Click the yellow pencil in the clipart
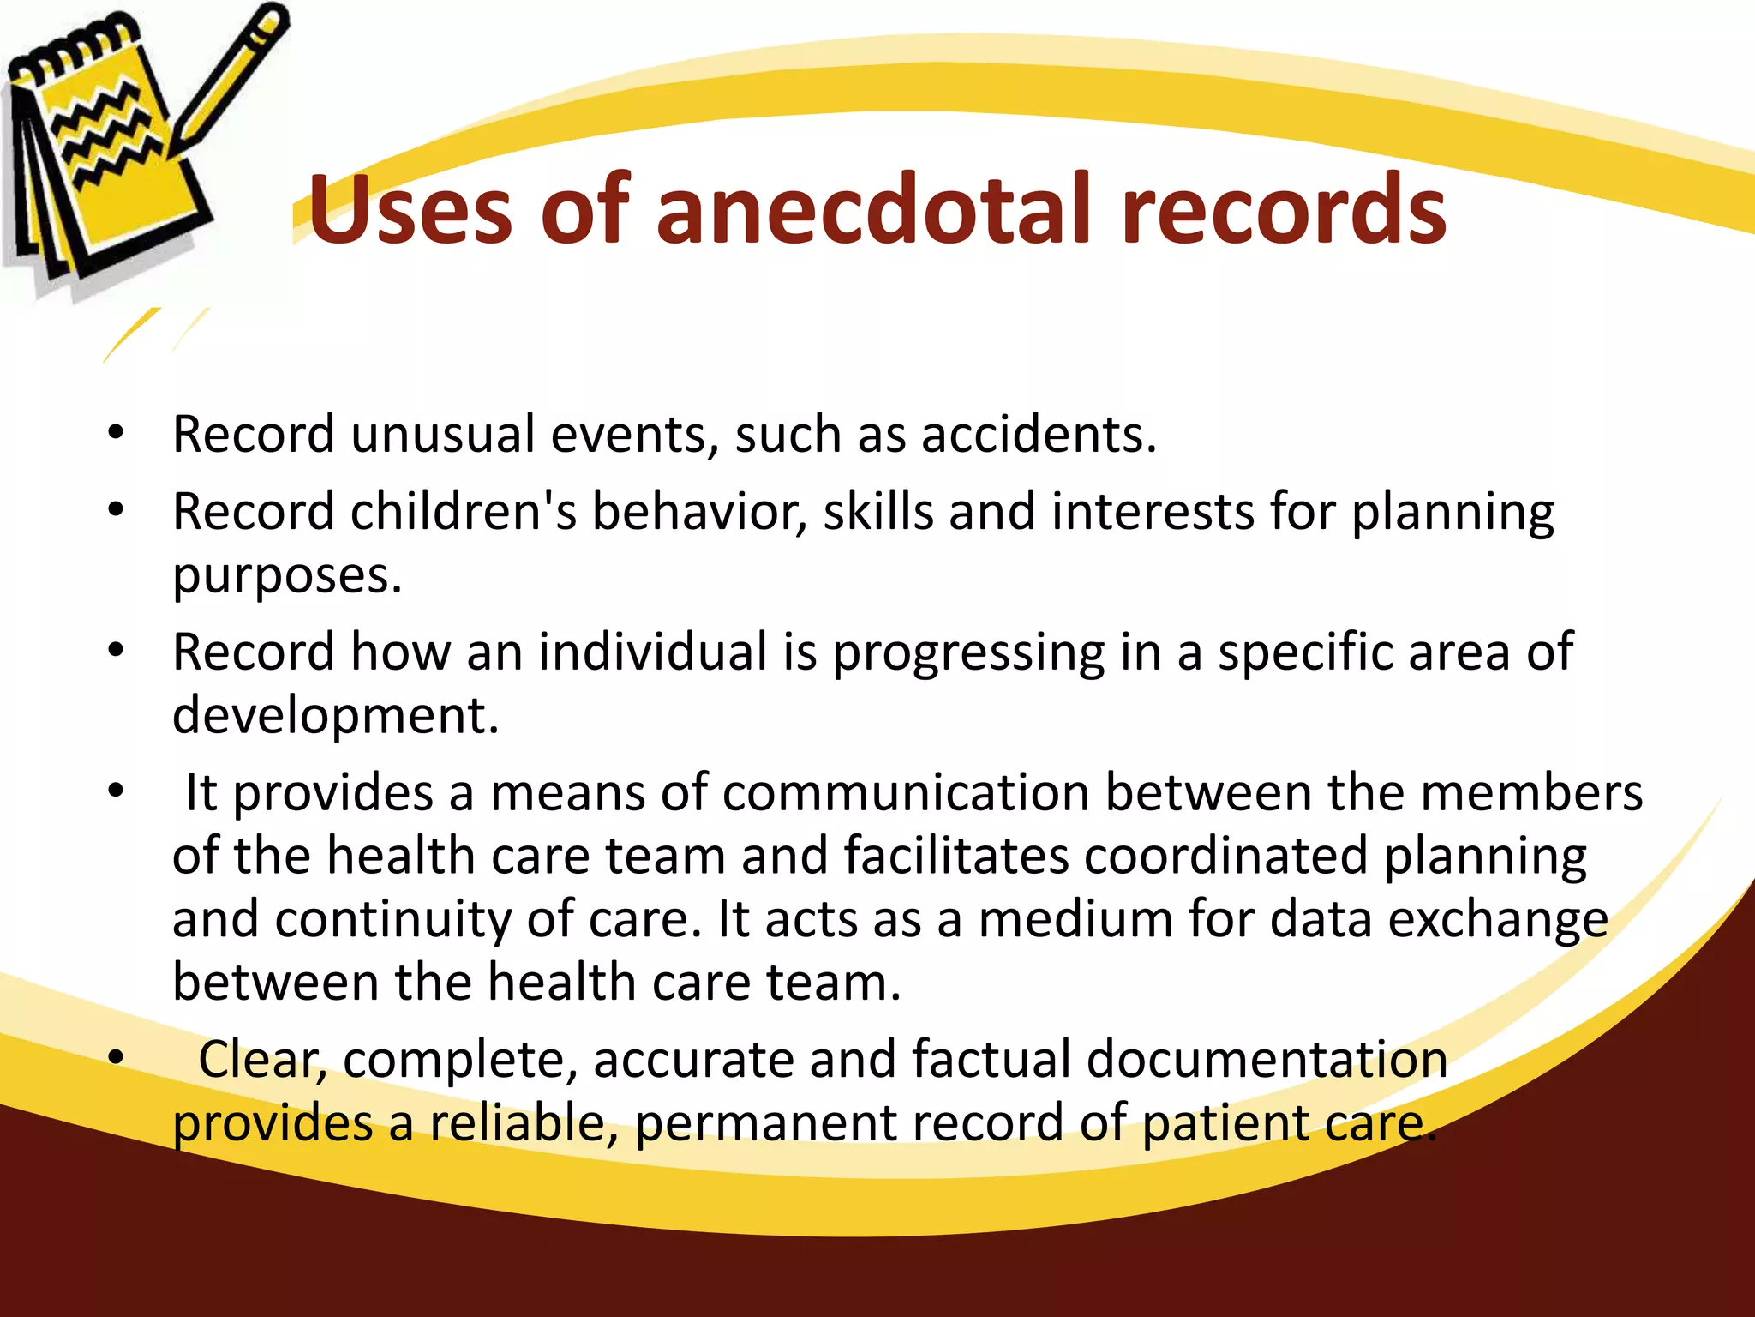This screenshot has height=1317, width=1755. [227, 81]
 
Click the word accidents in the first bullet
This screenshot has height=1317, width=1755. [1039, 434]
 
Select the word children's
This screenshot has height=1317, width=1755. [463, 512]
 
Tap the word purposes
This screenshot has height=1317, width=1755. [287, 576]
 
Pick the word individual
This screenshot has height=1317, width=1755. [652, 652]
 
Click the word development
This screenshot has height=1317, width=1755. [335, 715]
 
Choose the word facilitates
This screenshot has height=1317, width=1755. [956, 856]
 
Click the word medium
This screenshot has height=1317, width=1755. [1075, 919]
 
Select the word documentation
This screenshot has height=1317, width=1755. [1267, 1060]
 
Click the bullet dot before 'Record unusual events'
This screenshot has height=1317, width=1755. [117, 433]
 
